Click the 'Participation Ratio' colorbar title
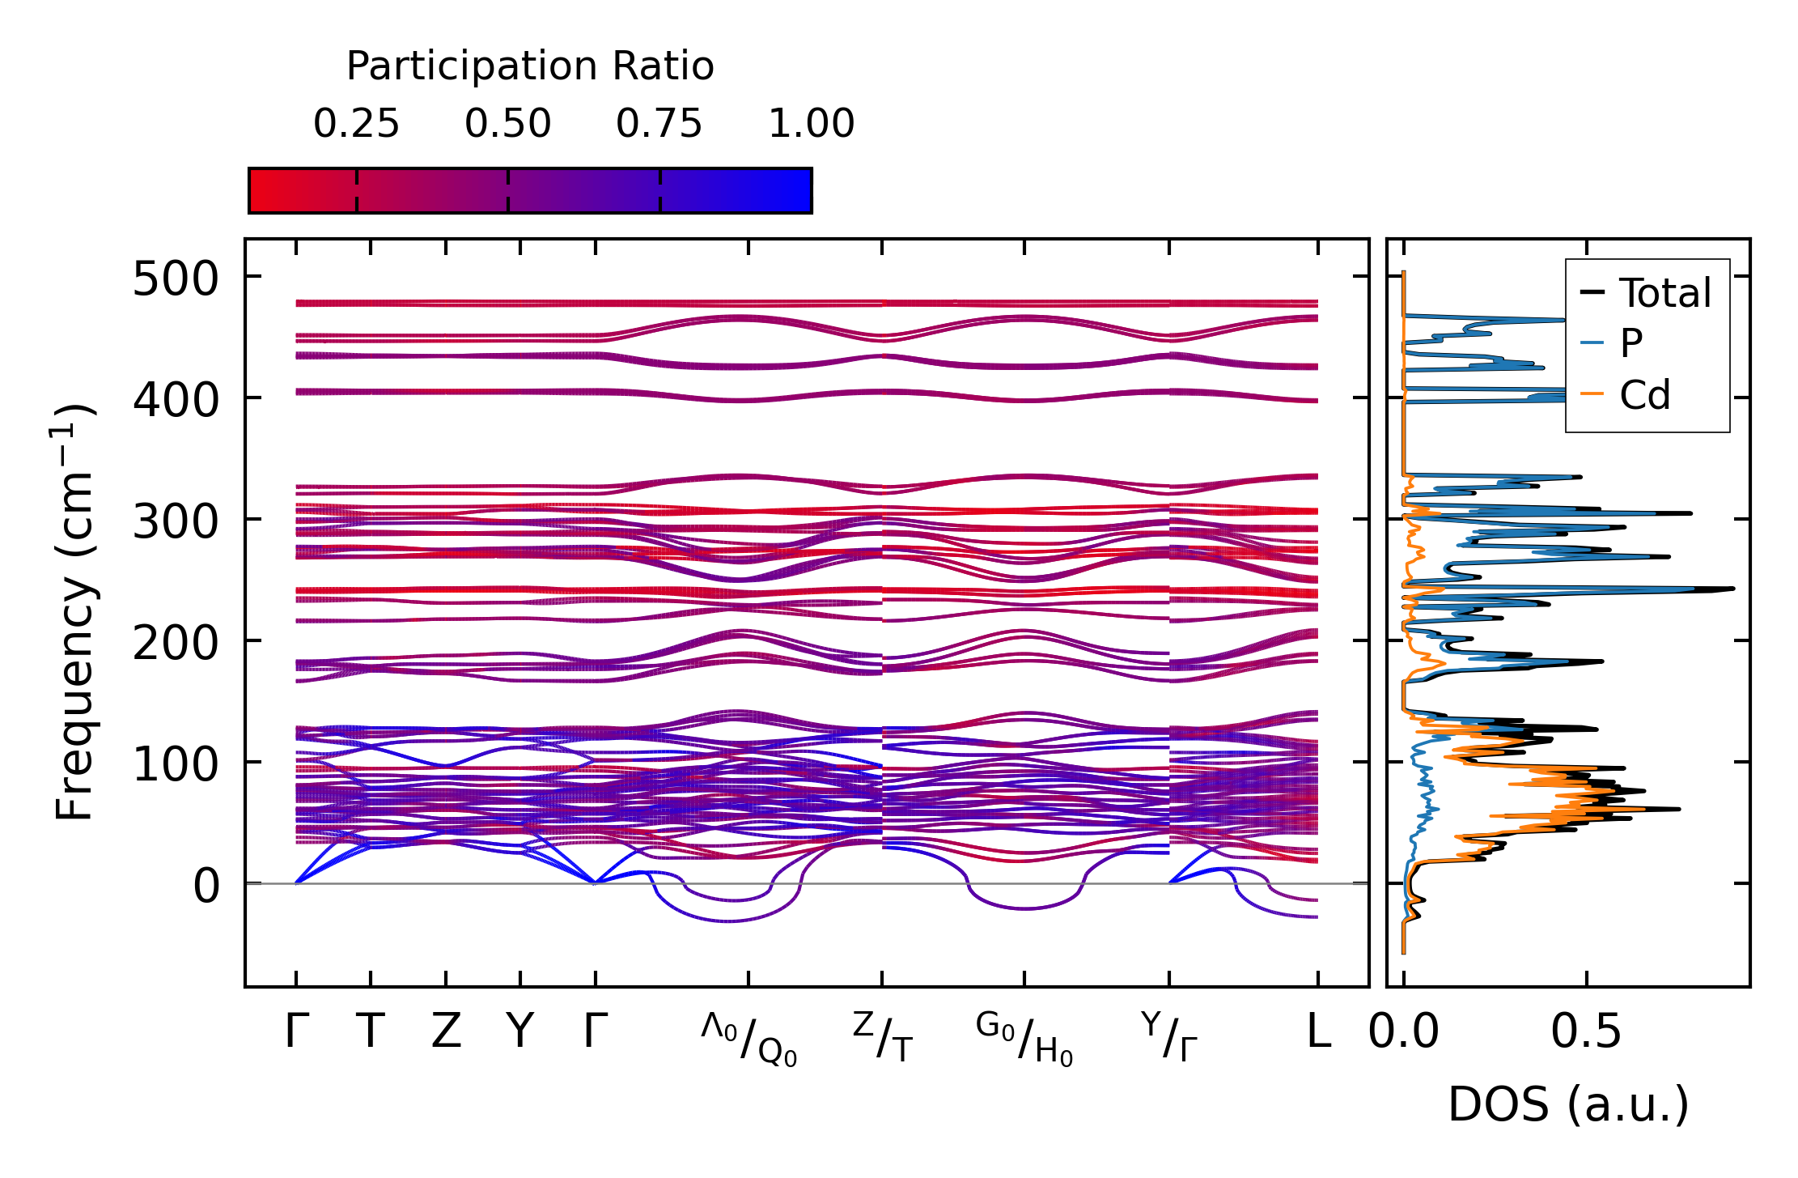[x=530, y=66]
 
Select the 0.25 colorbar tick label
[x=356, y=125]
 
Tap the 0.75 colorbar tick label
[x=659, y=125]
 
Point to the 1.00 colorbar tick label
[x=811, y=125]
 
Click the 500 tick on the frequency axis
[x=176, y=280]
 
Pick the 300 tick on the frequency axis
[x=176, y=522]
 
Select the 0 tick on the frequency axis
[x=206, y=886]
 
